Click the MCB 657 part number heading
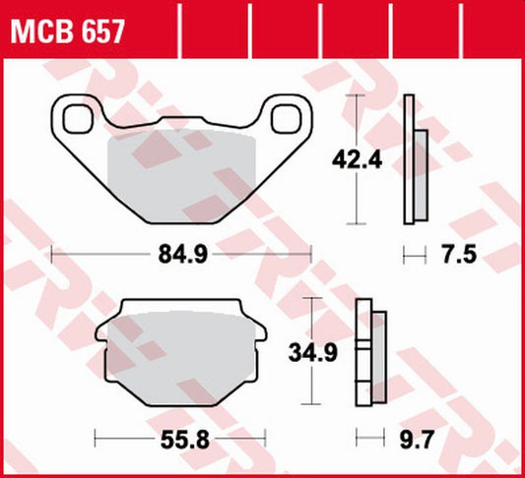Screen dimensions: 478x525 click(x=68, y=32)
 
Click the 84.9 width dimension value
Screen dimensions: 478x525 click(x=181, y=256)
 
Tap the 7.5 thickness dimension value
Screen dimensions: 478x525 click(x=460, y=256)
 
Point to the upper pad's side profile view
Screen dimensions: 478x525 click(x=415, y=158)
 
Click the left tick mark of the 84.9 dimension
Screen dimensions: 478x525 click(x=51, y=256)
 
